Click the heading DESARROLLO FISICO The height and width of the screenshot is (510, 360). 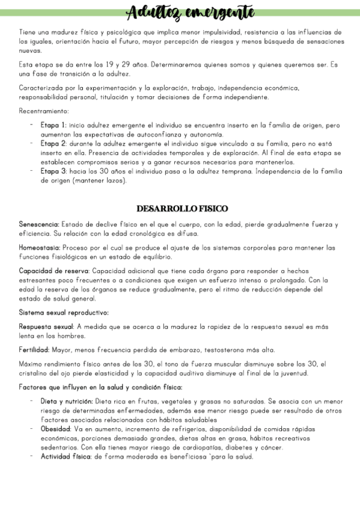182,209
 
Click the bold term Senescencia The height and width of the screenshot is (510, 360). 38,225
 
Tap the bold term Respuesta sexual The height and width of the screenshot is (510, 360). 46,327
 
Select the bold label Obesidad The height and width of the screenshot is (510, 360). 55,429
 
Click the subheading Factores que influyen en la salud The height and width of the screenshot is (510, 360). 100,386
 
